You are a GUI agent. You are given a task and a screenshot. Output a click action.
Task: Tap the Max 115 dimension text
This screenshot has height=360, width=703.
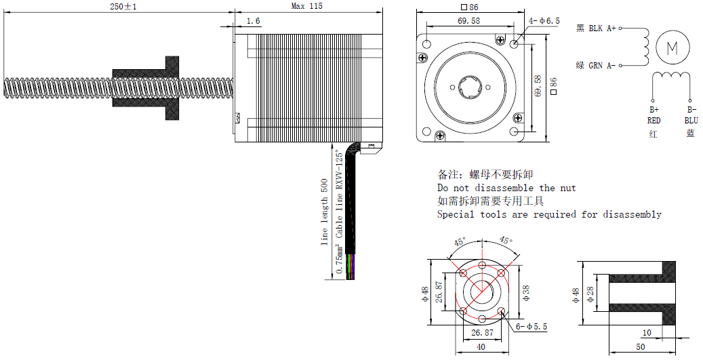[306, 6]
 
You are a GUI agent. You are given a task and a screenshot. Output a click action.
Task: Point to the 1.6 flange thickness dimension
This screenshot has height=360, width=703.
[253, 22]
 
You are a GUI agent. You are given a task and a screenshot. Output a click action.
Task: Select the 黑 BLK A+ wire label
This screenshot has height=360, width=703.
[596, 28]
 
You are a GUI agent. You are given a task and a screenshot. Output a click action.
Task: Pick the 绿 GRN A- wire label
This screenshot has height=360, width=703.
[596, 66]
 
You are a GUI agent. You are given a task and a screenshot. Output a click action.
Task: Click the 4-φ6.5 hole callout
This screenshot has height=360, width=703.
[545, 21]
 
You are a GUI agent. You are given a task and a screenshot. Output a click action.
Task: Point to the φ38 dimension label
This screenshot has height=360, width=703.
[526, 292]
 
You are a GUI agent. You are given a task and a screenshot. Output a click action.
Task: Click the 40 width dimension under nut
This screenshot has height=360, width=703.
[481, 346]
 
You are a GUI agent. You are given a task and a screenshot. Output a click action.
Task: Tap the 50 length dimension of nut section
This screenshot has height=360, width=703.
[641, 346]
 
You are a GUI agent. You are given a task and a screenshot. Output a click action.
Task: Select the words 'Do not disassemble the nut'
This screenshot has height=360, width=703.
[506, 188]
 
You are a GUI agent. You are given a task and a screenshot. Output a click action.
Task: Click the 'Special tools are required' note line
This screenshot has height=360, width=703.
[549, 214]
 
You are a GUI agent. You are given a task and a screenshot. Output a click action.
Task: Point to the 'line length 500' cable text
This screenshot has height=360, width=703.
[324, 212]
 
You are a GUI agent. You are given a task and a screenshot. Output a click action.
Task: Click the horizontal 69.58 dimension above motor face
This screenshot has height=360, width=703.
[468, 21]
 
